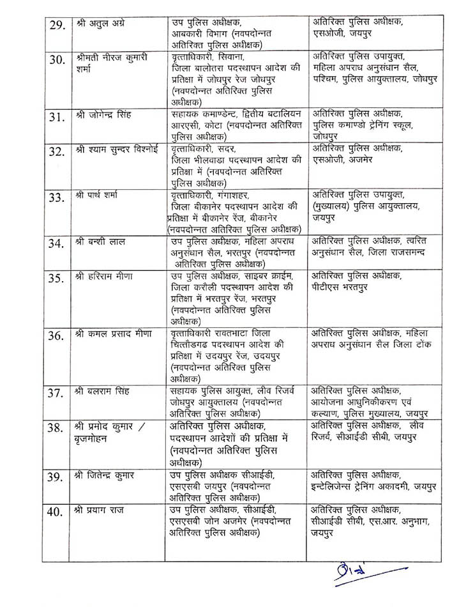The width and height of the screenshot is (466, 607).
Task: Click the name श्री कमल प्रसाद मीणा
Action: tap(119, 334)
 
